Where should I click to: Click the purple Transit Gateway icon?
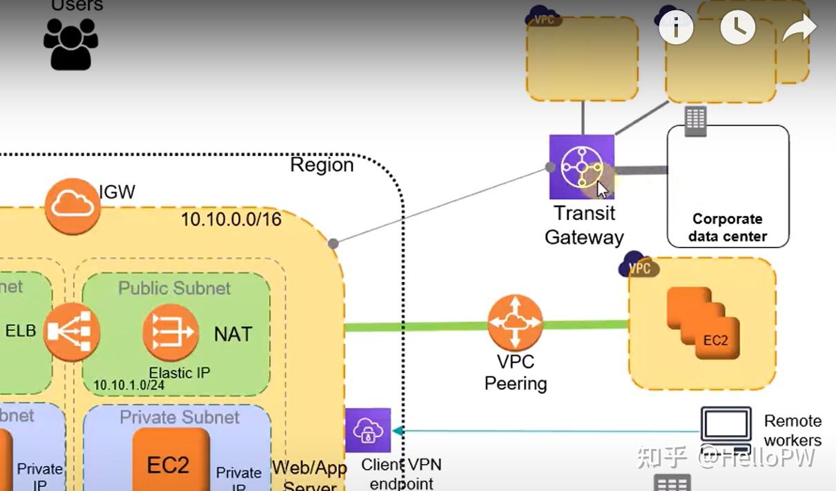581,167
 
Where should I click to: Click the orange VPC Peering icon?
515,323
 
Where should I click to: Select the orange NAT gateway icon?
171,332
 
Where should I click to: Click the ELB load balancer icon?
71,332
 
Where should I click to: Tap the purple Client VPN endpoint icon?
367,431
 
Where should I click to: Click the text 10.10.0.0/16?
231,219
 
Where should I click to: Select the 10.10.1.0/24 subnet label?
128,385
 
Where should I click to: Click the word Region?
322,165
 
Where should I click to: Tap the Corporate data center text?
728,228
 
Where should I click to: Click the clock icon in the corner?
738,28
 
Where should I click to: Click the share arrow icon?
799,28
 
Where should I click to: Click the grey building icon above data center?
695,121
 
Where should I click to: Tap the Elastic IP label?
179,372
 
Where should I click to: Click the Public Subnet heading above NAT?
175,288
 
